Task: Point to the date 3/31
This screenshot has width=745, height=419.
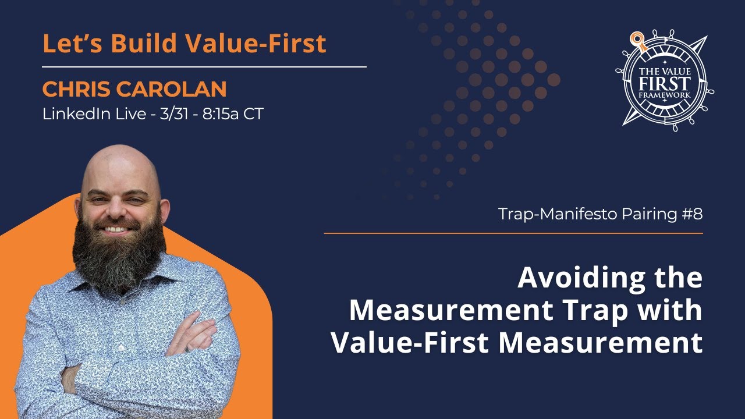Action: [x=175, y=114]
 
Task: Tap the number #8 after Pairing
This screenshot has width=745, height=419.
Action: [x=691, y=214]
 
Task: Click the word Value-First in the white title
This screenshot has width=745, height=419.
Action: [x=410, y=343]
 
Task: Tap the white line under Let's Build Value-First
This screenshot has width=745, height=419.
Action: [x=204, y=67]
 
